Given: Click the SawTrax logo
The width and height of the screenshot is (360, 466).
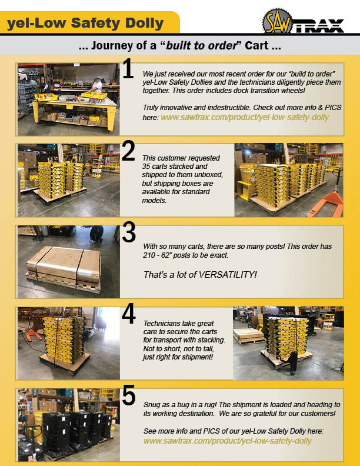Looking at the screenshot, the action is (x=303, y=21).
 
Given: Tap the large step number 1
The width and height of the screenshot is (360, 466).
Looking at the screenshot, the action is (x=128, y=69).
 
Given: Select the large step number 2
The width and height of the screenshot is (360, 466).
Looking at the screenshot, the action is (x=128, y=151).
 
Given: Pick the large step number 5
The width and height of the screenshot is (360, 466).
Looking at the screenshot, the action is (x=129, y=395).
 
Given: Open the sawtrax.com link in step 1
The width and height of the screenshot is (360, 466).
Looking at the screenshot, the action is (x=245, y=118).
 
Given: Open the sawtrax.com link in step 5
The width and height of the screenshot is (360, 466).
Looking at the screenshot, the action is (x=228, y=441).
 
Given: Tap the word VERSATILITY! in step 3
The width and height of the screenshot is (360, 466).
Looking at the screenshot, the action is (x=228, y=274).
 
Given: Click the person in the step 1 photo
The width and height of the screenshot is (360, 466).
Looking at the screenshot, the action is (x=96, y=85).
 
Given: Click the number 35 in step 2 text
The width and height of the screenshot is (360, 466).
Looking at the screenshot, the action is (x=146, y=167).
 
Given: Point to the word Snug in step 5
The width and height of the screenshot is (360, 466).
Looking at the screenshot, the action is (x=152, y=405).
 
